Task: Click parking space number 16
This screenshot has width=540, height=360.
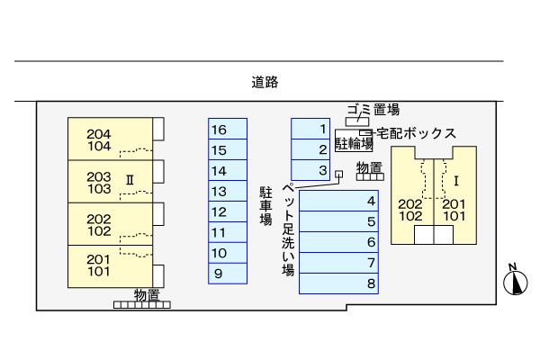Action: tap(227, 130)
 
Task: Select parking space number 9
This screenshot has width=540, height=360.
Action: tap(227, 274)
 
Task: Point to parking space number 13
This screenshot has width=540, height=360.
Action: tap(227, 191)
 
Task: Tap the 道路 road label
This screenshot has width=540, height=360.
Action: tap(265, 83)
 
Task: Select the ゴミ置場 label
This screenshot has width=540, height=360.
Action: tap(373, 110)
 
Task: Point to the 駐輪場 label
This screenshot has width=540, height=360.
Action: tap(354, 143)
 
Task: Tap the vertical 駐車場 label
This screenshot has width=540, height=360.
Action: tap(265, 206)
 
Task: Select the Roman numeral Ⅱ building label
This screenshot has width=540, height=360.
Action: tap(130, 179)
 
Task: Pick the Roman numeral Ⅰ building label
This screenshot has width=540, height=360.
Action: tap(456, 178)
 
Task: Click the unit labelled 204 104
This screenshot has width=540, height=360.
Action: tap(99, 139)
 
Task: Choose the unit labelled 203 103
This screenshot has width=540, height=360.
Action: tap(99, 182)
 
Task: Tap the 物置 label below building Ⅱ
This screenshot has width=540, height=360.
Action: tap(147, 293)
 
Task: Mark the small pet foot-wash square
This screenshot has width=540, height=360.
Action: tap(338, 175)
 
